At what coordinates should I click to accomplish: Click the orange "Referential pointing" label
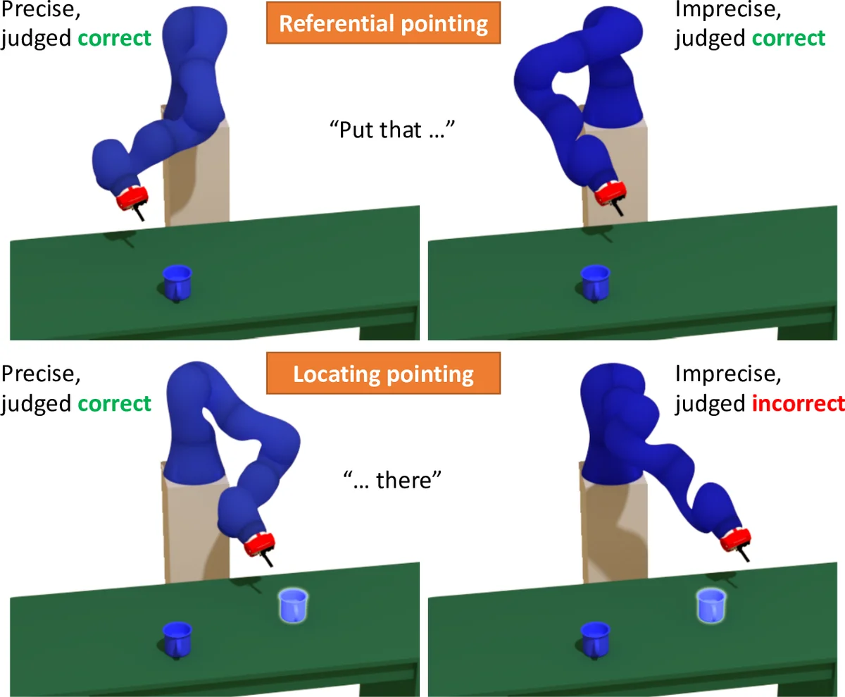point(383,24)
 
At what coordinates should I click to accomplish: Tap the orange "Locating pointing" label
point(383,374)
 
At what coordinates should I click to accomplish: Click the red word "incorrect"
point(799,404)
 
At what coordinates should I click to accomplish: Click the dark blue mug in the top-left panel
point(176,280)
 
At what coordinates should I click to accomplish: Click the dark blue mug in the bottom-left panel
point(176,637)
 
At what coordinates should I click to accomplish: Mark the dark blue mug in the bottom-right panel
point(594,637)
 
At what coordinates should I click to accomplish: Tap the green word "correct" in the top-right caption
point(789,37)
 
